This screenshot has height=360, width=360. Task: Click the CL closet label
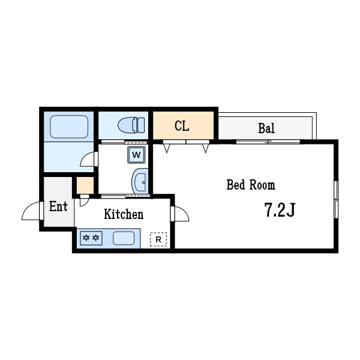(182, 126)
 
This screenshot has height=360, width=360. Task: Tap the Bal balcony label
(266, 128)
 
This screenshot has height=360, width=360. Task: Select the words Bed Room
(251, 185)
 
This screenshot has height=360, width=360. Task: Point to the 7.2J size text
(280, 210)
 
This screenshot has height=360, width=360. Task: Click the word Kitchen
(124, 214)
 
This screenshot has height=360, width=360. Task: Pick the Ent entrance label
(58, 206)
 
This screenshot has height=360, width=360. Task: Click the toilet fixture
(131, 125)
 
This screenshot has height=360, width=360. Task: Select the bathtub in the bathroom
(69, 127)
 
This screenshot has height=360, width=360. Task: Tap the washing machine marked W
(136, 155)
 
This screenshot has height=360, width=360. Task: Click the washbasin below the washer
(140, 181)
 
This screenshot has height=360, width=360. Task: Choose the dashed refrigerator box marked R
(158, 239)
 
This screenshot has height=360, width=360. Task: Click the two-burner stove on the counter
(91, 238)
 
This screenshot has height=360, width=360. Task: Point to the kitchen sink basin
(124, 238)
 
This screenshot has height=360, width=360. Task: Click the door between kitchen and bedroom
(180, 214)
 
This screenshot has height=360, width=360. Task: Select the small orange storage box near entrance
(85, 185)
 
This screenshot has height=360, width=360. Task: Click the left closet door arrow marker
(167, 148)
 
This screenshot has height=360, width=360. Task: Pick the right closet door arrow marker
(206, 148)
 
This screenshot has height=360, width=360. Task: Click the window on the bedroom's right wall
(336, 199)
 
